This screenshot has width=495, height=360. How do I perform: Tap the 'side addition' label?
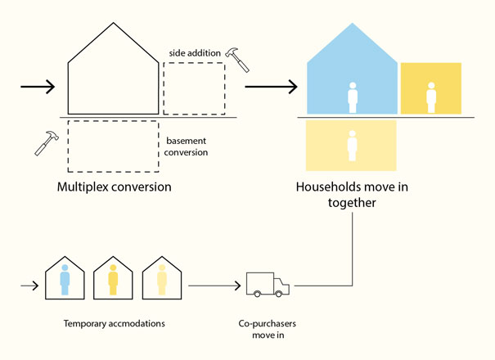195,52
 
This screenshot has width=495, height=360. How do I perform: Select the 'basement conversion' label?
187,146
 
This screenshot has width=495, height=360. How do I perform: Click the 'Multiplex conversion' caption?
114,187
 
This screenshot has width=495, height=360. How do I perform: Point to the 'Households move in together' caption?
352,195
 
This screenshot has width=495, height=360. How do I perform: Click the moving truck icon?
268,285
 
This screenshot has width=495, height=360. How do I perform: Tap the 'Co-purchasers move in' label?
268,328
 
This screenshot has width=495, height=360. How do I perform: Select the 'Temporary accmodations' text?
115,323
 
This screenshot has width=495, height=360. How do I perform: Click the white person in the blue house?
353,97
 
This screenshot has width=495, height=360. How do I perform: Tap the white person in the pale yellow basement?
353,146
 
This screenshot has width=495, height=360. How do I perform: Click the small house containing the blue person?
65,278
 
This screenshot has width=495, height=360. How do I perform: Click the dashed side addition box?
194,88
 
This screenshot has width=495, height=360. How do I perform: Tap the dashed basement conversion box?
113,146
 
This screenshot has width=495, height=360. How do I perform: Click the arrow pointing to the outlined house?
36,87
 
